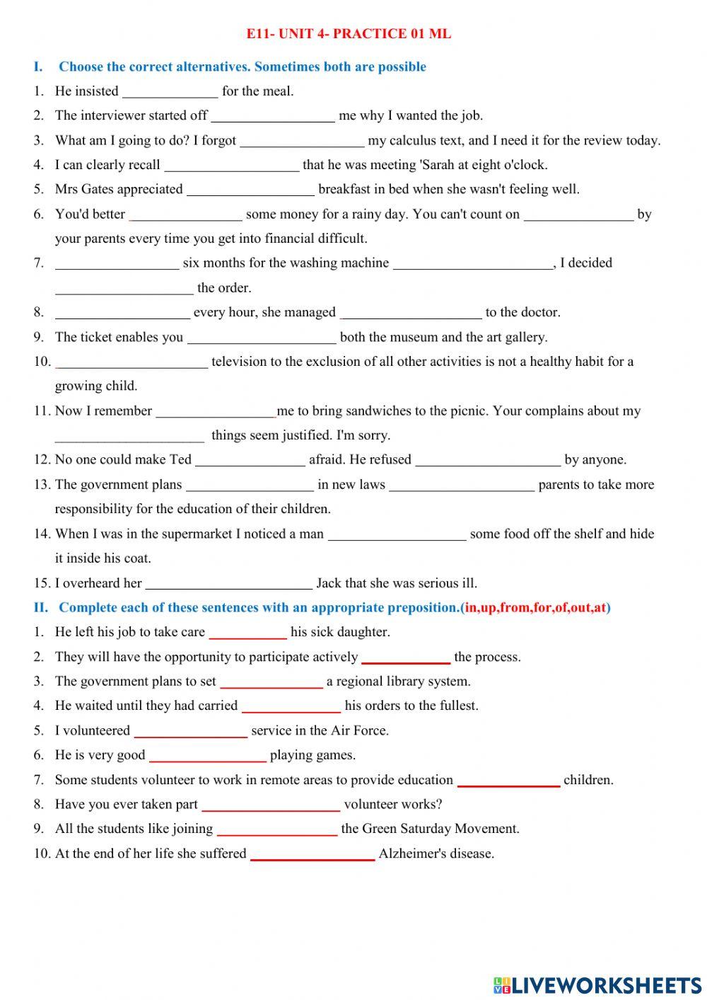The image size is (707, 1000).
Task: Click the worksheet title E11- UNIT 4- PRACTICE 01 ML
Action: pyautogui.click(x=349, y=33)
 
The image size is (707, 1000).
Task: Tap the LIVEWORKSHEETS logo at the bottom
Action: pyautogui.click(x=597, y=984)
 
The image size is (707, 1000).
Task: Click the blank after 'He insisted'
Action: pyautogui.click(x=170, y=91)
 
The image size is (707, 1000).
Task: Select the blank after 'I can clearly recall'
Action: pyautogui.click(x=232, y=166)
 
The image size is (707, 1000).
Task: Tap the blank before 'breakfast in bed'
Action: pyautogui.click(x=250, y=190)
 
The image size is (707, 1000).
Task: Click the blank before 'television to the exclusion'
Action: pyautogui.click(x=132, y=362)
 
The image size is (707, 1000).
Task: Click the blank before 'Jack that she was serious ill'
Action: pyautogui.click(x=228, y=584)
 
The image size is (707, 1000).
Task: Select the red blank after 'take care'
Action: pyautogui.click(x=247, y=633)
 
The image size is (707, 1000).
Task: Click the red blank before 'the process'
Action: pyautogui.click(x=406, y=657)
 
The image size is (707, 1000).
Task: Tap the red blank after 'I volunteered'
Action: pyautogui.click(x=190, y=731)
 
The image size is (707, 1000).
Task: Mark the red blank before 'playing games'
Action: pyautogui.click(x=208, y=756)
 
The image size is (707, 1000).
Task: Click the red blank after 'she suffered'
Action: pyautogui.click(x=312, y=854)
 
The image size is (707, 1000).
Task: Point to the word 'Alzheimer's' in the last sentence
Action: pyautogui.click(x=413, y=854)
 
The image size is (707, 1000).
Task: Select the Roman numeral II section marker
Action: pyautogui.click(x=40, y=607)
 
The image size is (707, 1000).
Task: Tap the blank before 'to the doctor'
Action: pyautogui.click(x=411, y=313)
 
